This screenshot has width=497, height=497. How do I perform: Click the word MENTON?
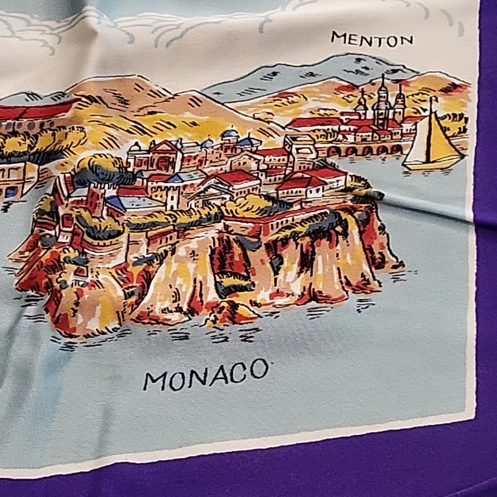pyautogui.click(x=371, y=39)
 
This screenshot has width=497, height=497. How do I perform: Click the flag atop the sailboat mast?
pyautogui.click(x=433, y=99)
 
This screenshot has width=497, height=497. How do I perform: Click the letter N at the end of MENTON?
pyautogui.click(x=405, y=41)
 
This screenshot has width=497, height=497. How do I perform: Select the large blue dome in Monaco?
pyautogui.click(x=230, y=134)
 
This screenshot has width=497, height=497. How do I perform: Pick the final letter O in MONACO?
pyautogui.click(x=259, y=369)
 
